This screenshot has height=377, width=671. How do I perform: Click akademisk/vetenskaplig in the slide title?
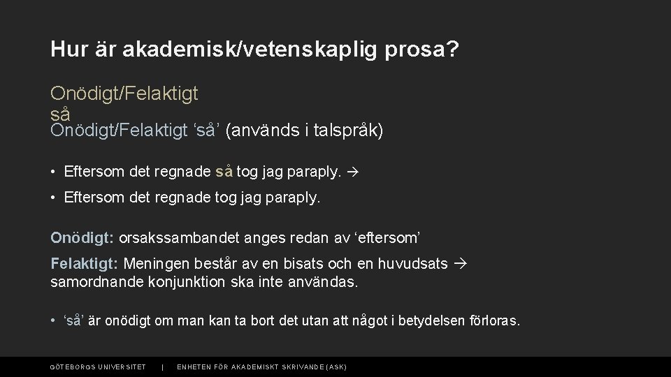(x=252, y=50)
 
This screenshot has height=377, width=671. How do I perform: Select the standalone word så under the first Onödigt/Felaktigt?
(x=60, y=112)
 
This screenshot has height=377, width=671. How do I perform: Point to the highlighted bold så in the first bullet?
(x=225, y=171)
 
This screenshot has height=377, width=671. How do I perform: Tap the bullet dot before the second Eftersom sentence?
(x=54, y=198)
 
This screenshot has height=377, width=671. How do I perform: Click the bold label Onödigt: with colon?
(x=82, y=237)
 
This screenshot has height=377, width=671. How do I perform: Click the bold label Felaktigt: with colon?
(x=84, y=264)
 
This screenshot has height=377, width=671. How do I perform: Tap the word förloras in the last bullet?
(x=498, y=321)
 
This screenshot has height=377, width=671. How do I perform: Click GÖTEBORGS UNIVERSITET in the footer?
(x=98, y=367)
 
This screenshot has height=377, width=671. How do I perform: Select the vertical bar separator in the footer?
(x=162, y=367)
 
